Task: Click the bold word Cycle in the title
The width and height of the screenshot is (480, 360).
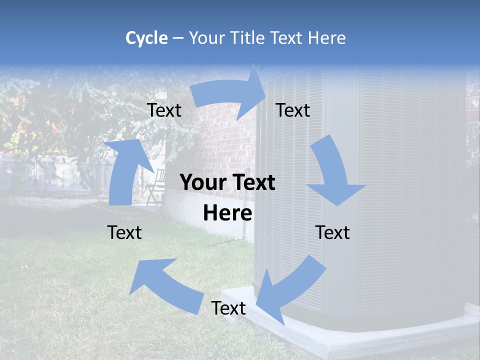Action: tap(146, 38)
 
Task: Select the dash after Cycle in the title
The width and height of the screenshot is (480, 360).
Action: tap(177, 38)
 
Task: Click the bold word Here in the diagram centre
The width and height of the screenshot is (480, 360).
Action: tap(227, 213)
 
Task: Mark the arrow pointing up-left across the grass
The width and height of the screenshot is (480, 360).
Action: tap(165, 285)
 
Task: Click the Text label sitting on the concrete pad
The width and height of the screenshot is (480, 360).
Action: tap(228, 308)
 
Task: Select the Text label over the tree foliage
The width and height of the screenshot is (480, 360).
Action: tap(164, 110)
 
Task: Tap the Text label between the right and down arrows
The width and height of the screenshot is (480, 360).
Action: tap(293, 110)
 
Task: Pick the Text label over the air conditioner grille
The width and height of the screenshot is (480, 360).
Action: tap(332, 232)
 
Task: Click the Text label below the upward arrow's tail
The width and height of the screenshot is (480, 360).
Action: tap(124, 232)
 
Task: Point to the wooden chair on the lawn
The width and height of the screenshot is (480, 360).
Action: tap(156, 186)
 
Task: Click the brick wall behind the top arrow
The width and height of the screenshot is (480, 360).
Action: tap(220, 135)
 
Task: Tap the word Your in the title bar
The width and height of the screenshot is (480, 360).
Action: tap(208, 38)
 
